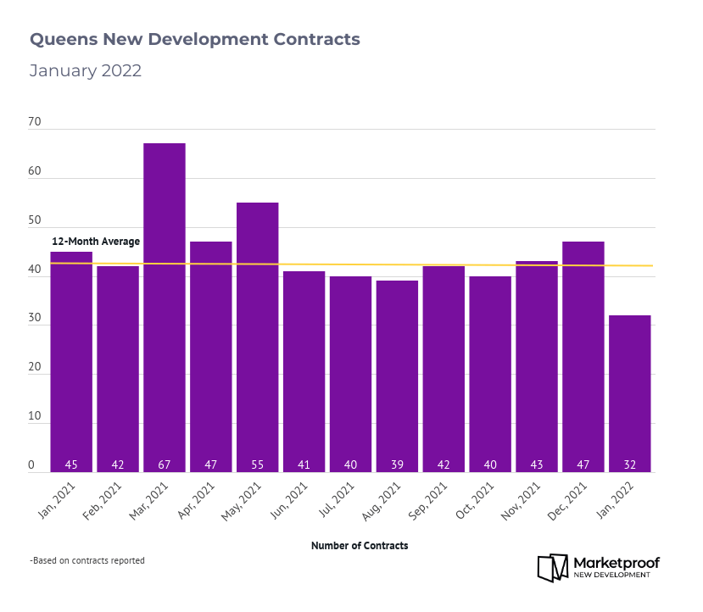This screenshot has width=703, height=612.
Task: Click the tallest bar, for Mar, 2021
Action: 165,305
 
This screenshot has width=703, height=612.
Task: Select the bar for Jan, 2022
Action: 630,390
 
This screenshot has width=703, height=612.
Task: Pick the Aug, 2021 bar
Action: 397,373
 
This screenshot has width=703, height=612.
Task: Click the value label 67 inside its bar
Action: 165,465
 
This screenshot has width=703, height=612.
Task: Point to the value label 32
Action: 630,465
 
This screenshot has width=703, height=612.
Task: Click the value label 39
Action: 397,465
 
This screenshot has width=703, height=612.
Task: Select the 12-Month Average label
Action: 96,242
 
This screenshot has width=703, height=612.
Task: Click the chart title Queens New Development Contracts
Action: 195,40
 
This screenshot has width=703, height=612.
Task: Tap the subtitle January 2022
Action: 86,71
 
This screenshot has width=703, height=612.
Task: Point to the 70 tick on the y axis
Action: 35,122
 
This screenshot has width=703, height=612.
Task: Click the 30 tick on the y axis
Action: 35,319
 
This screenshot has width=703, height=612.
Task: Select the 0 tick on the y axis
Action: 31,465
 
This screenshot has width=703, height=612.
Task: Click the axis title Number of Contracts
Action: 360,546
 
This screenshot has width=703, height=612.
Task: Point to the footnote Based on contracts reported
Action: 87,560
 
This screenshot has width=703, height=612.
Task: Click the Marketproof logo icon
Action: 553,567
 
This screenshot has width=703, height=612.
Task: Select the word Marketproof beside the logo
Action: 617,562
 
